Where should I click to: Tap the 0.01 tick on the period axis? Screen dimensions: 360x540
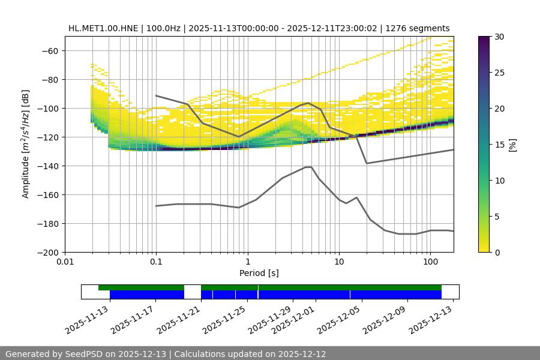(x=65, y=262)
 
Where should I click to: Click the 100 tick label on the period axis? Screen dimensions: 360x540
(x=430, y=262)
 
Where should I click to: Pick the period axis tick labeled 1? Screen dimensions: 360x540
(x=247, y=262)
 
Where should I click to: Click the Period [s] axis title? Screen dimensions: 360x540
(x=259, y=273)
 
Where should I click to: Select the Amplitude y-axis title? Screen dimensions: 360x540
(x=25, y=144)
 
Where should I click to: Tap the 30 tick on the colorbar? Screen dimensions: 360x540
(x=499, y=37)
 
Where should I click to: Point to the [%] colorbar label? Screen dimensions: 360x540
(x=512, y=145)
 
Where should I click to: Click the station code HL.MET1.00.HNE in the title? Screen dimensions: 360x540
(x=103, y=28)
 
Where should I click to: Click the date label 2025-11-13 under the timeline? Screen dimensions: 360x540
(x=88, y=319)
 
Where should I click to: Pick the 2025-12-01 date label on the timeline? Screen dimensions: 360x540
(x=293, y=319)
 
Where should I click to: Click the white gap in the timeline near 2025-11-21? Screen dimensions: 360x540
(x=192, y=292)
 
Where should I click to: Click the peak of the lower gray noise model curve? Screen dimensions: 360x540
(x=308, y=167)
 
